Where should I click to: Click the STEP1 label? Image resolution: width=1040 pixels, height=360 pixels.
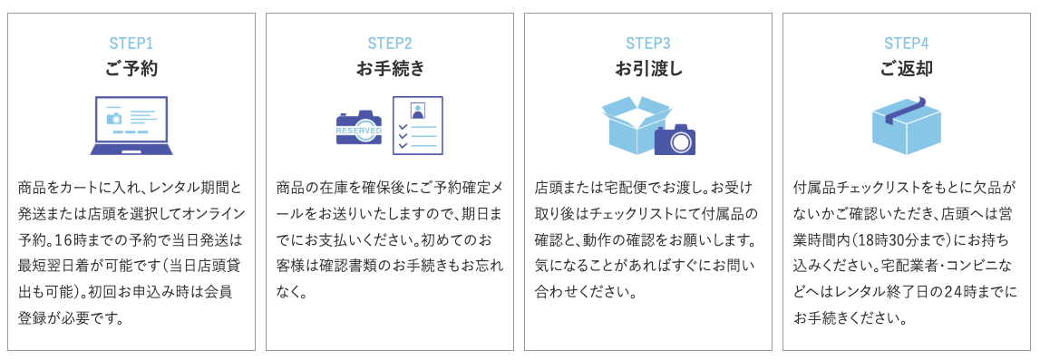click(x=131, y=43)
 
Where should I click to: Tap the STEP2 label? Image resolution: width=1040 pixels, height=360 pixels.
click(x=390, y=43)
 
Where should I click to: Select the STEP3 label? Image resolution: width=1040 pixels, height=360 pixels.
click(x=648, y=43)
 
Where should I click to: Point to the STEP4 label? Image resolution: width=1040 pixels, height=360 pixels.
click(x=907, y=43)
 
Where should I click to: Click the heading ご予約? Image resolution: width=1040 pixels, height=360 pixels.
click(x=131, y=69)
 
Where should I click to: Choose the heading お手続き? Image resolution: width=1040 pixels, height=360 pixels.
click(x=390, y=69)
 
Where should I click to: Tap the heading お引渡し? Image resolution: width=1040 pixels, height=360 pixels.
click(x=648, y=69)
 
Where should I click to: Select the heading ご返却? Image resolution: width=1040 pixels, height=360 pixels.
click(x=907, y=69)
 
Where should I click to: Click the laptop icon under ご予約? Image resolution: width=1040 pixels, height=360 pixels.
click(x=131, y=125)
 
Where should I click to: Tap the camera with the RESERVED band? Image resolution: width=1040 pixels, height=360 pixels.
click(x=359, y=129)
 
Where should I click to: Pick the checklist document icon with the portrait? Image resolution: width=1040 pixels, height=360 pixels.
click(x=417, y=124)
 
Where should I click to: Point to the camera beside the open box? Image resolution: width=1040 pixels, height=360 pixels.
click(x=675, y=139)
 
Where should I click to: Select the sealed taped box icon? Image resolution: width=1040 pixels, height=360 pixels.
click(x=907, y=124)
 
